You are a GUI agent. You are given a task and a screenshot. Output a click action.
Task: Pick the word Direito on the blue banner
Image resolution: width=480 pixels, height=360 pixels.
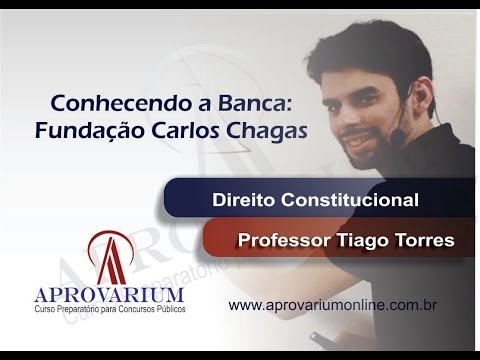(244, 200)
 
